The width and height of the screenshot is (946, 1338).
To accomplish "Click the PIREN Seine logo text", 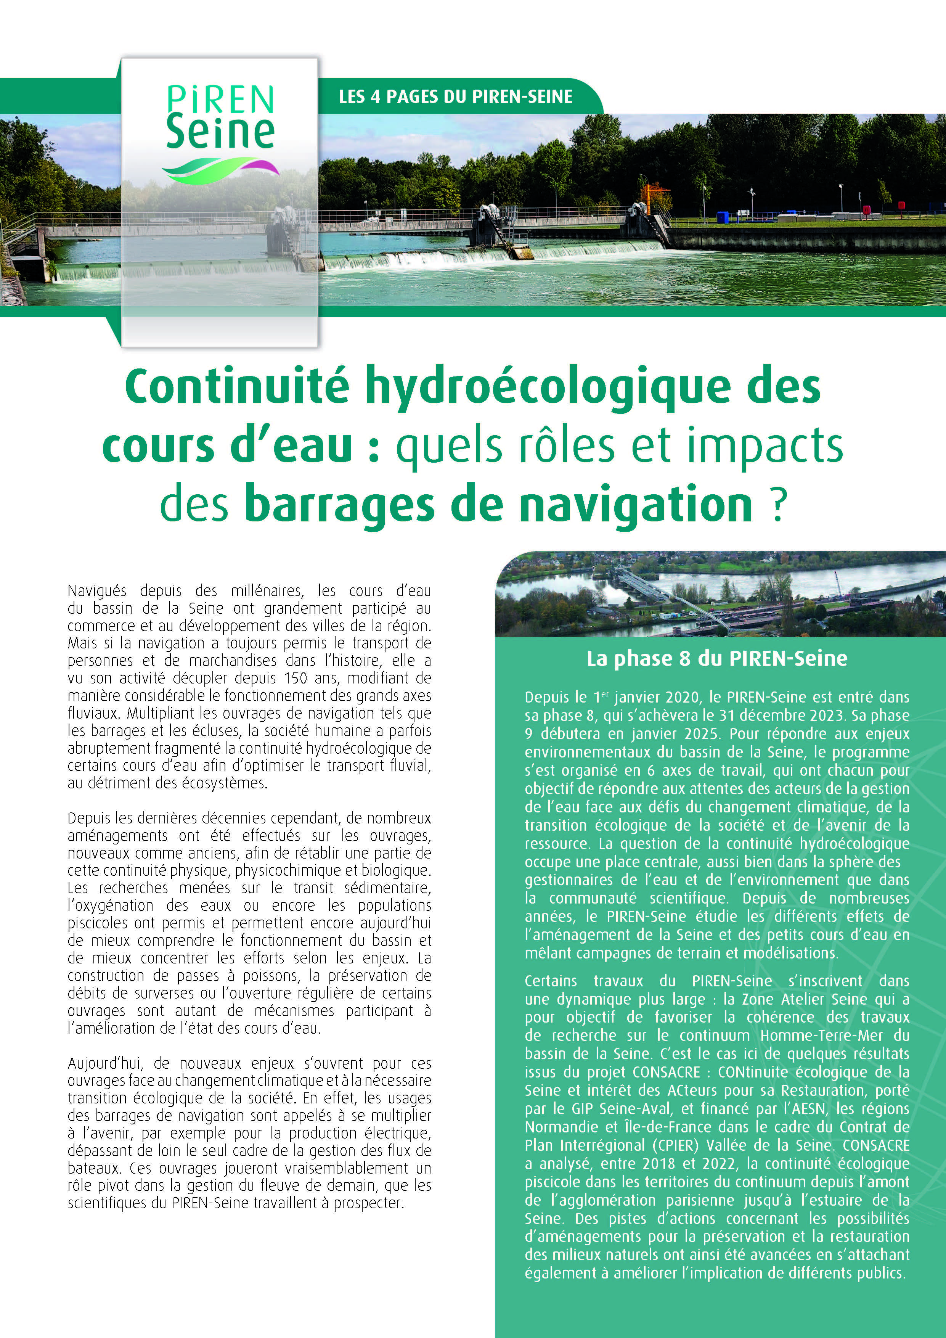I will [220, 117].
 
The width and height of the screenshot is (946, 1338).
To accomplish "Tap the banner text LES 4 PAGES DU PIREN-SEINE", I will [456, 97].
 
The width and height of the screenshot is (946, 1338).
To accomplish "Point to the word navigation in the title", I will [636, 505].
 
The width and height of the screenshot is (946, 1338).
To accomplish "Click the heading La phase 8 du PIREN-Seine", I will [716, 658].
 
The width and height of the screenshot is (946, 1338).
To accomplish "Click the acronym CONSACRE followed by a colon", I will [667, 1072].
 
